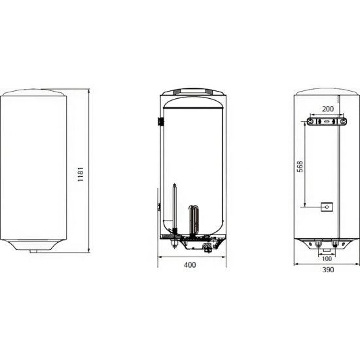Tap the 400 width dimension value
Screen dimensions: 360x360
click(x=190, y=264)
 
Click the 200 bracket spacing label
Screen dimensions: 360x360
click(x=327, y=109)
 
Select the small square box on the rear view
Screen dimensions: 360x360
click(x=327, y=209)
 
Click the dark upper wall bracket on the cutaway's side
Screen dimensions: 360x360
click(x=159, y=122)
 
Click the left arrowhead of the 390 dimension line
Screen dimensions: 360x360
click(x=296, y=264)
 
